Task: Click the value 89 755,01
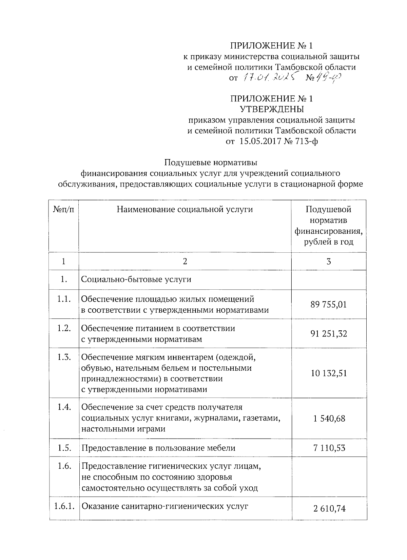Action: click(328, 304)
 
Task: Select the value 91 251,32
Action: click(328, 334)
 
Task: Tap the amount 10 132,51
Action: click(328, 373)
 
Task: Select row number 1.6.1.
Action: click(64, 506)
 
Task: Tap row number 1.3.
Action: click(64, 357)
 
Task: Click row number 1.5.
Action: click(64, 448)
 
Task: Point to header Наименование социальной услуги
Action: click(185, 209)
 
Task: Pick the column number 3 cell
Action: click(328, 261)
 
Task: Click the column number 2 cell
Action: click(185, 261)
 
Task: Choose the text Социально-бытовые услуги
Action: click(136, 279)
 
